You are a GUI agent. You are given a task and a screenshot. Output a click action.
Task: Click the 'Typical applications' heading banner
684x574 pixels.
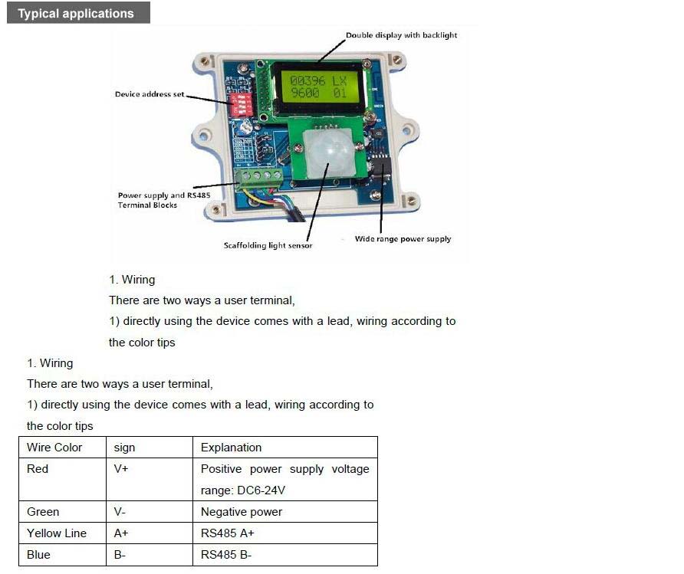coord(78,12)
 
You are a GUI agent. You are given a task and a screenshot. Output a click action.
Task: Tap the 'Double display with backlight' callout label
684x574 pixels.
coord(401,35)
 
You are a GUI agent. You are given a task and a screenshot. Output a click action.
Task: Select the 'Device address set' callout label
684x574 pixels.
coord(150,94)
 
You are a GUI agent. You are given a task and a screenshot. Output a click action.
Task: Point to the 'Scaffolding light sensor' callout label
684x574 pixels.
coord(268,245)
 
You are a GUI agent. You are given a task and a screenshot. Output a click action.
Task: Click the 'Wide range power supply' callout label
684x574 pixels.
coord(403,239)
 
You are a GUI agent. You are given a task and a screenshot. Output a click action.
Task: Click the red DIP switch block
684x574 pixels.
coord(242,104)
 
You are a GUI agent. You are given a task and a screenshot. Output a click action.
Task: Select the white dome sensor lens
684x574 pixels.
coord(329,153)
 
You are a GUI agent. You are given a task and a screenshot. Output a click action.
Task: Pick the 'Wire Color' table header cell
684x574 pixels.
coord(62,448)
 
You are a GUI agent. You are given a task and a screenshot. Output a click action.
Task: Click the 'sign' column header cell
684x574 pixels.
coord(150,448)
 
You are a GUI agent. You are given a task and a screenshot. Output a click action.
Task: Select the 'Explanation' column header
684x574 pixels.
coord(285,448)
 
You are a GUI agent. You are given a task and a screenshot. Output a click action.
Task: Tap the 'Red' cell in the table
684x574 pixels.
coord(62,480)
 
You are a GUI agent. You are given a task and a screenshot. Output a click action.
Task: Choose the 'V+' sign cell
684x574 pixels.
coord(150,480)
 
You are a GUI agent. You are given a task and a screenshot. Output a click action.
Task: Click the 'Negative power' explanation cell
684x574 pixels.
coord(285,512)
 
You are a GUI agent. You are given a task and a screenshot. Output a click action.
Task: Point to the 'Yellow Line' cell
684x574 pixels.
coord(62,533)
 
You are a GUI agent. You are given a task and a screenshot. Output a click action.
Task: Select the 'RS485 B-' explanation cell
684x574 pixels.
coord(285,555)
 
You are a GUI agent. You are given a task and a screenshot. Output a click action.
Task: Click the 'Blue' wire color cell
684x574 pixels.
coord(62,555)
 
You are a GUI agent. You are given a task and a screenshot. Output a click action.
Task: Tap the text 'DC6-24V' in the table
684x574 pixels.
coord(261,490)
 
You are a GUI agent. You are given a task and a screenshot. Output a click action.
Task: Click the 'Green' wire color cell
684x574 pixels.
coord(62,512)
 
